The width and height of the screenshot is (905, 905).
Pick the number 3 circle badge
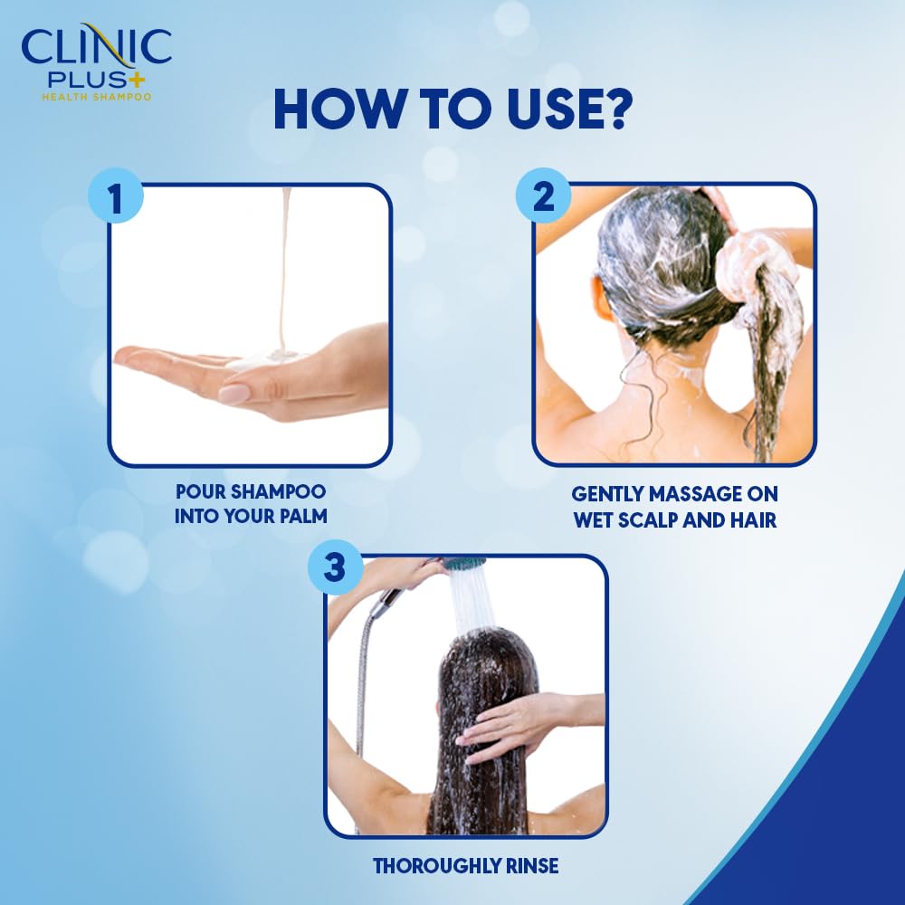click(334, 569)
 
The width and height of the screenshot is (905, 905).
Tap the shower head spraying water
click(464, 565)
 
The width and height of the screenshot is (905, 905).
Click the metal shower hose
click(365, 670)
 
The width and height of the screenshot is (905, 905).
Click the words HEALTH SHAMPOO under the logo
click(95, 96)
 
